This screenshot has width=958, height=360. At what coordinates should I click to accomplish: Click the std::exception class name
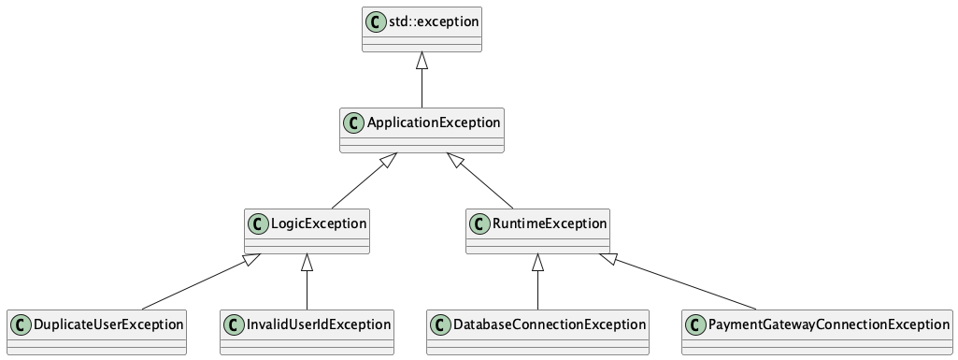point(434,20)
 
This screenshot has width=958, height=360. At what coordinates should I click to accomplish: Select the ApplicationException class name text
point(434,122)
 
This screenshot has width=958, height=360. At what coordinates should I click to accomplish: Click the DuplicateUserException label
point(107,324)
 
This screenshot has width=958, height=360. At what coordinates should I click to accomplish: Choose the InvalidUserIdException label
point(319,324)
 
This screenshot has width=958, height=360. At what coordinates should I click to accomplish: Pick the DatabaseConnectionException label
point(550,324)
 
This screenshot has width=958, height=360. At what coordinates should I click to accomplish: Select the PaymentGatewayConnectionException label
point(829,324)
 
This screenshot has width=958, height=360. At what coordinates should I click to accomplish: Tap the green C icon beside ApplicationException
point(353,122)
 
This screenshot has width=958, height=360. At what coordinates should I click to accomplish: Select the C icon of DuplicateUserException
point(20,324)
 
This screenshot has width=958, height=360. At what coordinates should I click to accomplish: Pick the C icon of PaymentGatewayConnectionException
point(695,324)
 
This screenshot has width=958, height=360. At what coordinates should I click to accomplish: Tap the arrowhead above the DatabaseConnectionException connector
point(537,263)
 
